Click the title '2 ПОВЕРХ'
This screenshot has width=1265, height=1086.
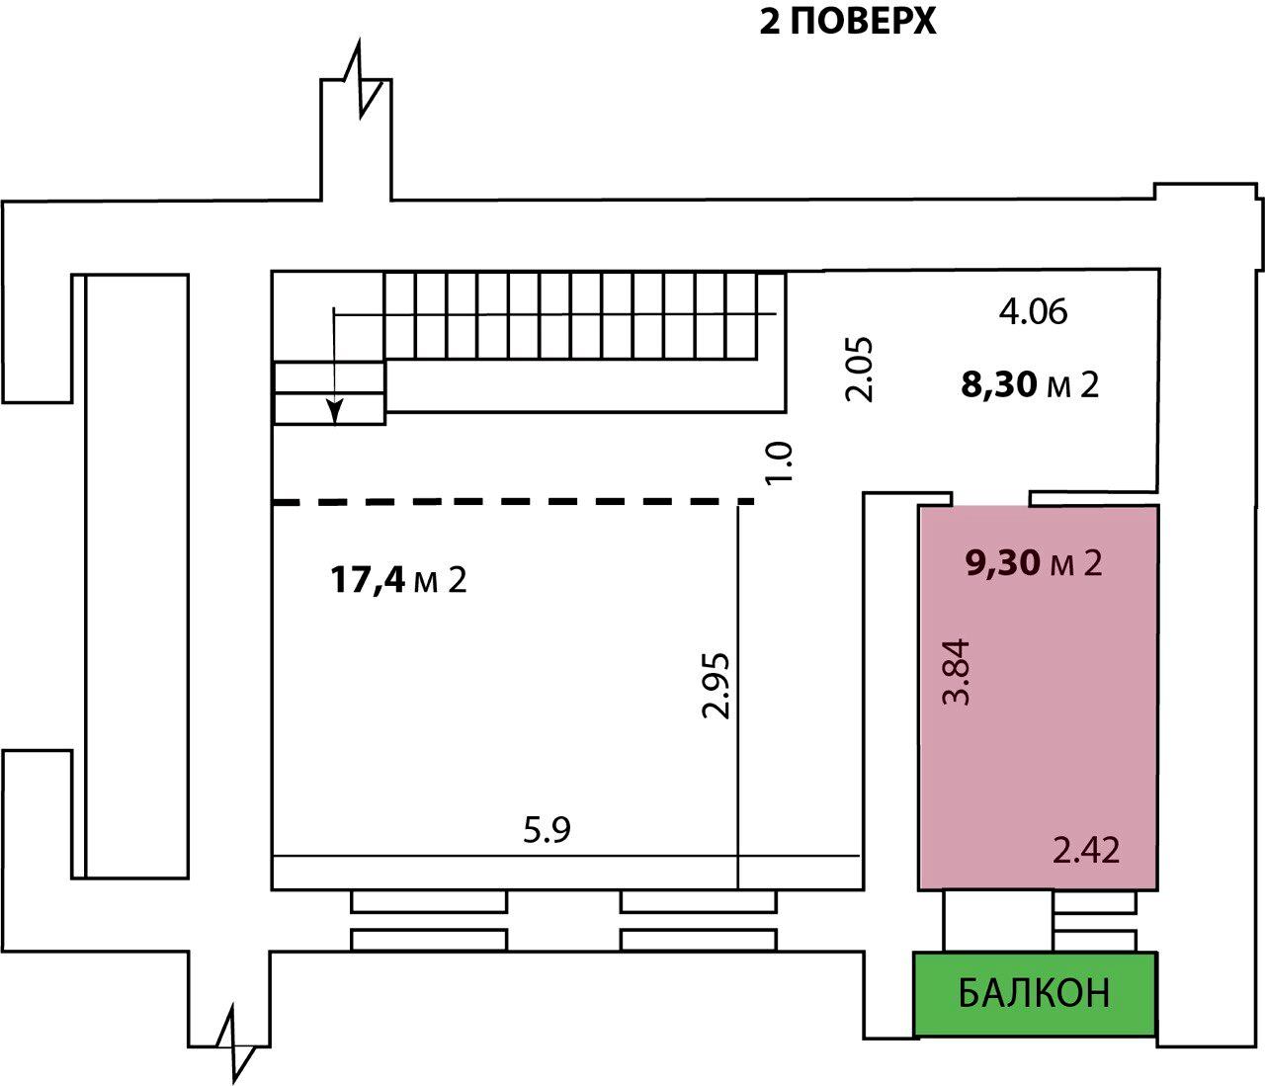[848, 23]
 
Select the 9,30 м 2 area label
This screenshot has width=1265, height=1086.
[1034, 563]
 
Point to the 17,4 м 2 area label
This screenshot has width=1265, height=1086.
[398, 580]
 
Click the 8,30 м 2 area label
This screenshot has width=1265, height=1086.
[1030, 384]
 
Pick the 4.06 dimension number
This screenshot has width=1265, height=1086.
[1033, 311]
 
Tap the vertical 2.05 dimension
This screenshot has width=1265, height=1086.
[859, 370]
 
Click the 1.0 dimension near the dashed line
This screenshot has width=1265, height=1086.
[780, 462]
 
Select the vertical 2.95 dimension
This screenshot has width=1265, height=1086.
[717, 685]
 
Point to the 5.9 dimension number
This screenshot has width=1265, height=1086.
[548, 830]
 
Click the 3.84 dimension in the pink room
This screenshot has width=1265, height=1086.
[956, 672]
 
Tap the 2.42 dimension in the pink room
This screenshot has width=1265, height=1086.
[1086, 850]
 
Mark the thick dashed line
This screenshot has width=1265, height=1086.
[513, 502]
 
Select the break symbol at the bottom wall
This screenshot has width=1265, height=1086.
[235, 1044]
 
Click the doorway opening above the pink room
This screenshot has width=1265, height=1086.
[991, 499]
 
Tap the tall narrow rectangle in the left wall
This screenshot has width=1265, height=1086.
[136, 576]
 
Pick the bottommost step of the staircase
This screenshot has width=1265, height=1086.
[329, 409]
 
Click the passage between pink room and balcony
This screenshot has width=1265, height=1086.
[997, 921]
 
